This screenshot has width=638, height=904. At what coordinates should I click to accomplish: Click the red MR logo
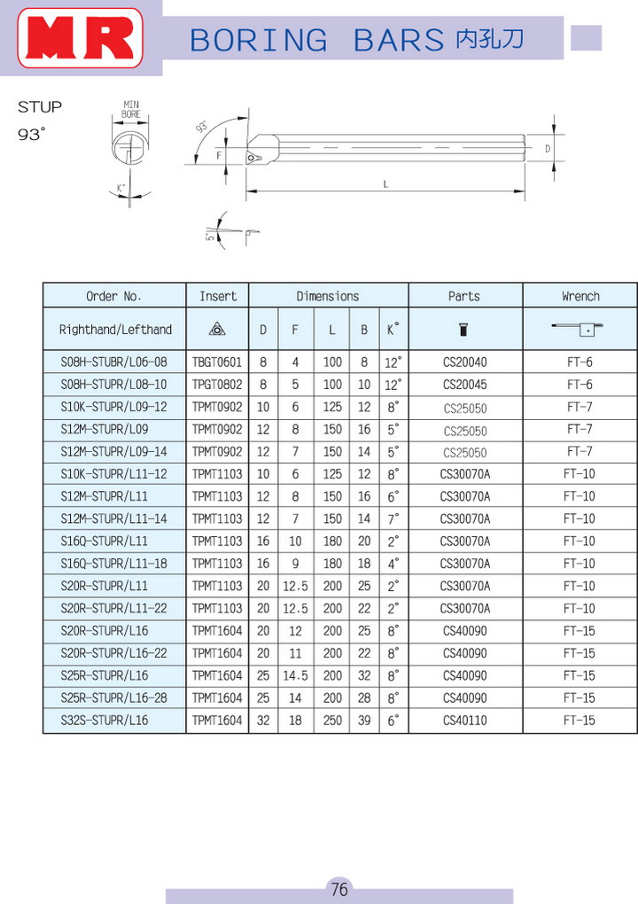(x=80, y=37)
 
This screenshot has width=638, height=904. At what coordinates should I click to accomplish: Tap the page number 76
(x=338, y=888)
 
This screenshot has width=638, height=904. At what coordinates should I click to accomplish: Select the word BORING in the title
(x=259, y=41)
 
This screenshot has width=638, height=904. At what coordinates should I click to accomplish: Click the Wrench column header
(x=580, y=296)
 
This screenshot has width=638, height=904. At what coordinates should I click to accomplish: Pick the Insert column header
(x=218, y=296)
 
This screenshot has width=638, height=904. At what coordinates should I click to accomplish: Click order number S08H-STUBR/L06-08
(x=113, y=362)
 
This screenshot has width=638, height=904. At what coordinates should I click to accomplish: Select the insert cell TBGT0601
(x=217, y=362)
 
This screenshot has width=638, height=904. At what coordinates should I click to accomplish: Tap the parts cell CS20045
(x=464, y=385)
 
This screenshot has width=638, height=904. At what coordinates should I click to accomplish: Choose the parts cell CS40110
(x=464, y=720)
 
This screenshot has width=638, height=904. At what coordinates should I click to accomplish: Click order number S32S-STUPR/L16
(x=105, y=720)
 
